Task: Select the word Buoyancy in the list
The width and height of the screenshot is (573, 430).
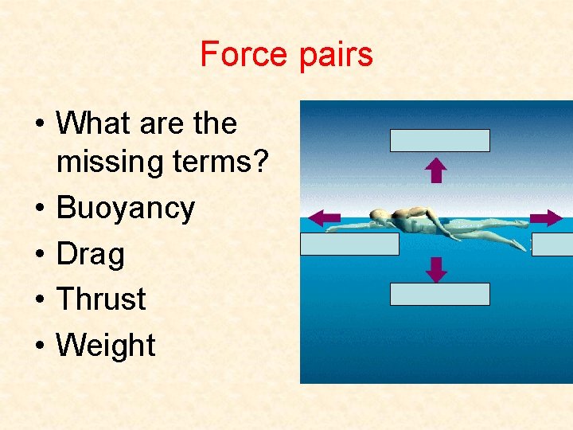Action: click(126, 209)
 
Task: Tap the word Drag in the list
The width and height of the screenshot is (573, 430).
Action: click(91, 255)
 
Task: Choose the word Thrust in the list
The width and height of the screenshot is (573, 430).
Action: click(101, 299)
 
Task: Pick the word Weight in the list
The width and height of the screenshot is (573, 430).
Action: click(106, 346)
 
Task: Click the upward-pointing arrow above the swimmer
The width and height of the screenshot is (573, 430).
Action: click(436, 170)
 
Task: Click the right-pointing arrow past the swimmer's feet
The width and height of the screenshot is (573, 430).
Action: click(546, 217)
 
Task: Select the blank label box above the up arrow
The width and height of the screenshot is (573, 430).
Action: click(439, 140)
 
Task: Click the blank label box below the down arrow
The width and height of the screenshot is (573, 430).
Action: click(439, 294)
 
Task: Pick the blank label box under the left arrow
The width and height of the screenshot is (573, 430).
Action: click(349, 244)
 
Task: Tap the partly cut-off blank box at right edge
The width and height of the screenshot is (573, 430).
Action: click(552, 244)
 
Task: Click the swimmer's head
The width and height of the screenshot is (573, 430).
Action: click(380, 217)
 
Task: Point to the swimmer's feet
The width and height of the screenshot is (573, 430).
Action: click(517, 224)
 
